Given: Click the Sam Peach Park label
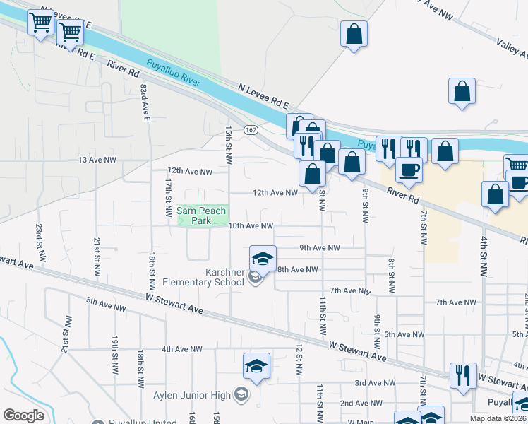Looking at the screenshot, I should (201, 216).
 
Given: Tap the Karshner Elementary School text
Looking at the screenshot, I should (210, 278).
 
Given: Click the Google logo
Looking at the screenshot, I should (23, 415).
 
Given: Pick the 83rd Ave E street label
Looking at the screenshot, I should (145, 102).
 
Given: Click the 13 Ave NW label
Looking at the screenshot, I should (97, 160).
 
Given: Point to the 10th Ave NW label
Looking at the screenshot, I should (250, 226).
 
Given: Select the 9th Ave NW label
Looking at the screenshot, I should (319, 248).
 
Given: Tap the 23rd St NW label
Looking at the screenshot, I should (40, 242).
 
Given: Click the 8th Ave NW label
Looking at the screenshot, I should (297, 269).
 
